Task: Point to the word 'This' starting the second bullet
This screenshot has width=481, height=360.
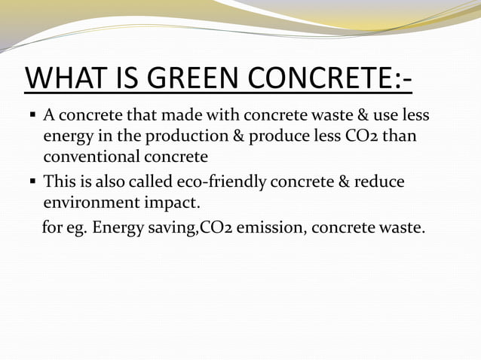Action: click(59, 182)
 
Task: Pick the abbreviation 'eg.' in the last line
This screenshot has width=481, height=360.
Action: click(76, 227)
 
